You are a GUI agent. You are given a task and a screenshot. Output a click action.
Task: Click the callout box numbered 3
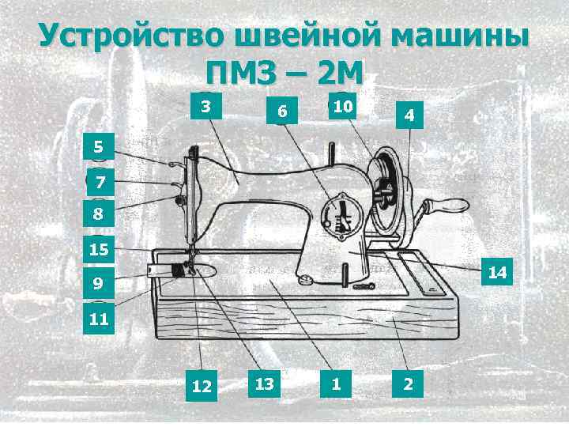pos(205,105)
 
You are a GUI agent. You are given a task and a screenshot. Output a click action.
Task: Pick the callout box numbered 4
pos(409,115)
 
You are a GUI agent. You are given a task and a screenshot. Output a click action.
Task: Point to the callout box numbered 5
pos(98,146)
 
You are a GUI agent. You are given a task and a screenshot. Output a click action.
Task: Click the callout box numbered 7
pos(100,183)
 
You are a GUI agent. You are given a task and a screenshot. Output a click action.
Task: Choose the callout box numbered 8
pos(98,213)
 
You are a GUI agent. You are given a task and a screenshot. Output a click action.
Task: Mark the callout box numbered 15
pos(99,251)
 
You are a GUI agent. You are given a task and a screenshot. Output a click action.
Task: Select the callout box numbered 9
pos(97,282)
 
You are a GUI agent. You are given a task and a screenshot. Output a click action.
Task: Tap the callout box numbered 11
pos(99,320)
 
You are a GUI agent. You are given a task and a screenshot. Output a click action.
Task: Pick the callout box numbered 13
pos(265,384)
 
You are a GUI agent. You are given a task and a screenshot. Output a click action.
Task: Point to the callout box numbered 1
pos(337,384)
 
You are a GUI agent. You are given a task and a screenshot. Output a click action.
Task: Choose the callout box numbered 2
pos(408,384)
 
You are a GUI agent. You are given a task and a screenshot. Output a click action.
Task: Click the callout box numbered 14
pos(497,273)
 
